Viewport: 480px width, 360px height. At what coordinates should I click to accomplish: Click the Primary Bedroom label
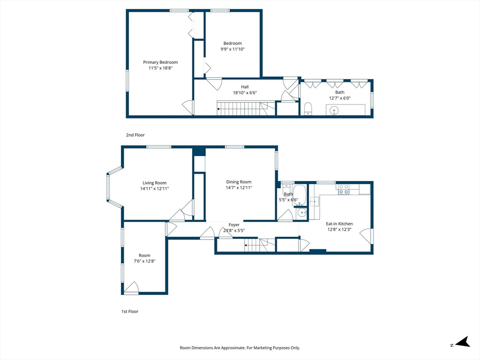point(160,62)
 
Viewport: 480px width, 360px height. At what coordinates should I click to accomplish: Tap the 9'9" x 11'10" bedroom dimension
point(232,49)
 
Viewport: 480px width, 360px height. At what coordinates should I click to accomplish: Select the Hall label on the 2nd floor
point(245,87)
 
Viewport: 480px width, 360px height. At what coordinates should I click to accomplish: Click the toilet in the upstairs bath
point(308,109)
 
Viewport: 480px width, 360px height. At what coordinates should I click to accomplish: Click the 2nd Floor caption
point(135,135)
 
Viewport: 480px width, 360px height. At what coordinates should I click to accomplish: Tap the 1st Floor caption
point(130,311)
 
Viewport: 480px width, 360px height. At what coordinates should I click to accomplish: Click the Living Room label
point(154,183)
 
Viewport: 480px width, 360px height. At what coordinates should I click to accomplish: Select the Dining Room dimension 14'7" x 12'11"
point(239,187)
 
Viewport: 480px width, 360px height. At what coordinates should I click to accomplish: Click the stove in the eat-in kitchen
point(343,189)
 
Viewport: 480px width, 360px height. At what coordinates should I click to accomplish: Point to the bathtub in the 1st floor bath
point(300,195)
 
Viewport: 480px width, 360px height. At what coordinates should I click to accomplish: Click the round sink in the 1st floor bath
point(302,212)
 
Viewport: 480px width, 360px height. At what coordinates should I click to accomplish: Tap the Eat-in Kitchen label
point(339,224)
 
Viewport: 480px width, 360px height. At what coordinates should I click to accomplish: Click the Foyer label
point(234,225)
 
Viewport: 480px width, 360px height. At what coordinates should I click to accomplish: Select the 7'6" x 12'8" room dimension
point(144,261)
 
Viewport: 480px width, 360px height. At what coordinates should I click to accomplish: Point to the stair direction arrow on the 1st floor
point(246,245)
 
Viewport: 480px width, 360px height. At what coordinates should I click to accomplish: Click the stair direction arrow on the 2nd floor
point(218,109)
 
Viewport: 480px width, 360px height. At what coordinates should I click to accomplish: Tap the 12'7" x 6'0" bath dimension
point(340,98)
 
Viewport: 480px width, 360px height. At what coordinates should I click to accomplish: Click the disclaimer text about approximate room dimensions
point(240,348)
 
